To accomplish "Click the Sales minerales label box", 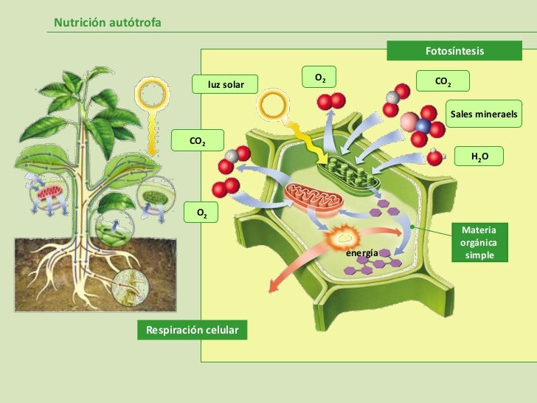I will click(485, 114).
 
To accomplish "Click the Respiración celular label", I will click(192, 330).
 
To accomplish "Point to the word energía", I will click(362, 253).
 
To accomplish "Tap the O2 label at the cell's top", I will click(320, 77).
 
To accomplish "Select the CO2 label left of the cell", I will click(198, 140).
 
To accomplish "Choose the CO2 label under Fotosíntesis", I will click(443, 81).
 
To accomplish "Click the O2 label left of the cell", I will click(201, 213).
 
